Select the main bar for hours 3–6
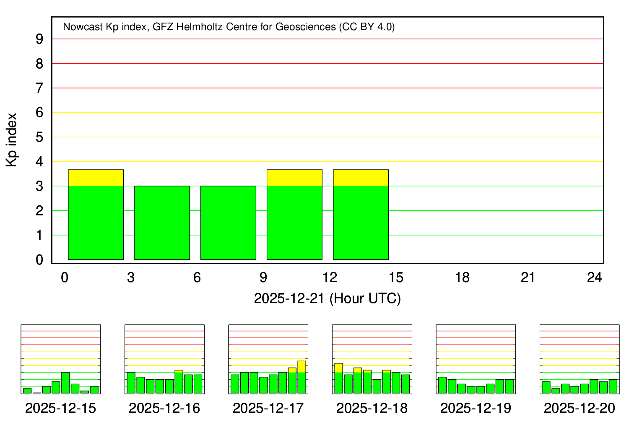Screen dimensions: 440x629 [x=162, y=223]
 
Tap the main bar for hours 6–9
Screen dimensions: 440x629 [x=228, y=223]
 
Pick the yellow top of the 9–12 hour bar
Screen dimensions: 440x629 [x=294, y=178]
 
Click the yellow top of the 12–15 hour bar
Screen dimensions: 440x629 [x=361, y=178]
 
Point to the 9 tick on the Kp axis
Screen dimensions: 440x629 [x=39, y=39]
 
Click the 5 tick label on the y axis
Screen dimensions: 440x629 [x=39, y=137]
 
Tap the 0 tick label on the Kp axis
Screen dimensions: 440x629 [x=39, y=260]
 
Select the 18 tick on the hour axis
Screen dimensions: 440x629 [x=462, y=277]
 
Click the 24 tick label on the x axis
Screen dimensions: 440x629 [x=595, y=277]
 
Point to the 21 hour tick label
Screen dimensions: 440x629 [x=528, y=277]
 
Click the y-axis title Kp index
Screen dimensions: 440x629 [x=12, y=140]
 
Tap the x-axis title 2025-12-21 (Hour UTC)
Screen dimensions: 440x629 [x=327, y=298]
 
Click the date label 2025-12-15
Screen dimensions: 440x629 [x=60, y=408]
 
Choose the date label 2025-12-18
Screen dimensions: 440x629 [x=372, y=408]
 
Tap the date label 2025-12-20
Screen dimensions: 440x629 [x=580, y=408]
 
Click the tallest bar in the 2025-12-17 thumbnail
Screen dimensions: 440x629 [x=302, y=377]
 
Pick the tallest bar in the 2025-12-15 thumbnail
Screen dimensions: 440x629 [x=65, y=383]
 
